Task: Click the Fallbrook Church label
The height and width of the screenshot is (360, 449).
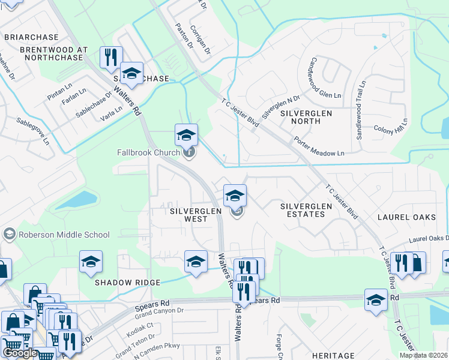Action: [x=148, y=152]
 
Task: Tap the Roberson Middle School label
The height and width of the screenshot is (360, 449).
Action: [x=64, y=235]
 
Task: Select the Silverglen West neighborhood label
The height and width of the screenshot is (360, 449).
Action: [x=188, y=215]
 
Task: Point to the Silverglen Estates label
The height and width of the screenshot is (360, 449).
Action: [x=306, y=210]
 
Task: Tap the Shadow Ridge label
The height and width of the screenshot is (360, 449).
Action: [x=127, y=282]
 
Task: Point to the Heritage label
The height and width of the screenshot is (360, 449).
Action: [x=333, y=356]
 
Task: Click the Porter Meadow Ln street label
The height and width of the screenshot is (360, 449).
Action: [x=319, y=148]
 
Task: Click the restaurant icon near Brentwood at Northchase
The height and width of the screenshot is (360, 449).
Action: [x=110, y=57]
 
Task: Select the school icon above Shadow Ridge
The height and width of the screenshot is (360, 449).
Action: [x=91, y=261]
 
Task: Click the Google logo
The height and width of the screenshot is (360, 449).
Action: [x=20, y=353]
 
